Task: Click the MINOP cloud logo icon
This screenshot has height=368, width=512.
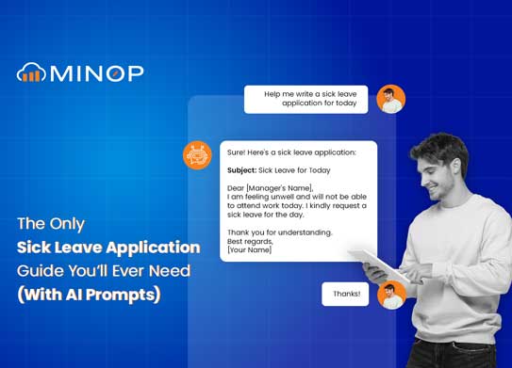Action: [x=30, y=72]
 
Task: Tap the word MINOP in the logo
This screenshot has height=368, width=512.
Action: [x=92, y=72]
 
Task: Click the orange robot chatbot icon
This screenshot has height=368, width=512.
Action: [x=197, y=154]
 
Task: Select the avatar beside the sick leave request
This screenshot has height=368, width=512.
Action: [x=390, y=99]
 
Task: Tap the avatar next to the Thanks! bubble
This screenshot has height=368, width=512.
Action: [x=391, y=295]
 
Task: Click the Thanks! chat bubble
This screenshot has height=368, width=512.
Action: [x=345, y=294]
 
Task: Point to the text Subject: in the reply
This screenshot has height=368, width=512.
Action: [x=242, y=170]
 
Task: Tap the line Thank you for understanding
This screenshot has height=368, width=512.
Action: [x=280, y=231]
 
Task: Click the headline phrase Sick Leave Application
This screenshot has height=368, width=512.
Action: [x=108, y=248]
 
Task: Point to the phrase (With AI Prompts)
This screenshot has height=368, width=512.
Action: [x=90, y=294]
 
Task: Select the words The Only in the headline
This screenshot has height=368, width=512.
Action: [x=53, y=225]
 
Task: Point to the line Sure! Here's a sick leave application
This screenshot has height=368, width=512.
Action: [x=291, y=152]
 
